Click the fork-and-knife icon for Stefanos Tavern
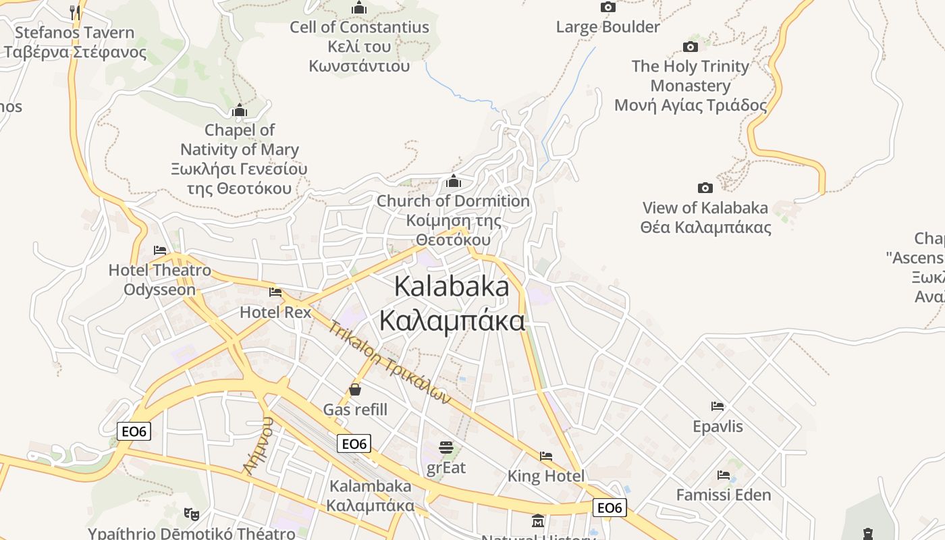75,12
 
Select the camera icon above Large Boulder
607,7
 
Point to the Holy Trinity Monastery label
691,86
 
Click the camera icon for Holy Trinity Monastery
690,47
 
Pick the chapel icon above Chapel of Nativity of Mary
239,111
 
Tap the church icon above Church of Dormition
454,182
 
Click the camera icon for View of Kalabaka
705,188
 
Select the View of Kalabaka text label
705,217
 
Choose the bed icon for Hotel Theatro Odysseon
160,250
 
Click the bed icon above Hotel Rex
275,292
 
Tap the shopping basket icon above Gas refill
355,389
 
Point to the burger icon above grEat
446,448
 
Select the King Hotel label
546,476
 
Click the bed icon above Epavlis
718,406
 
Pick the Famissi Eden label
724,495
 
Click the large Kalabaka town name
452,303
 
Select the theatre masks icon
192,514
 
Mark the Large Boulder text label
607,27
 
